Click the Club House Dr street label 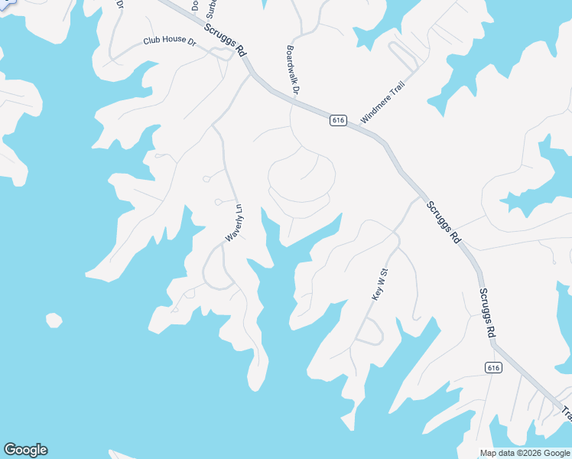(170, 41)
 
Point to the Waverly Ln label (233, 223)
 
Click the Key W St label (380, 283)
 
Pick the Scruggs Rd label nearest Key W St (444, 222)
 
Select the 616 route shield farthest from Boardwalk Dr (494, 368)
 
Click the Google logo (25, 450)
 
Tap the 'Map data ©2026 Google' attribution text (525, 453)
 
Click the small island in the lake (54, 320)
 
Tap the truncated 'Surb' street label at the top (212, 9)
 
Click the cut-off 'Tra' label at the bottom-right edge (567, 413)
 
